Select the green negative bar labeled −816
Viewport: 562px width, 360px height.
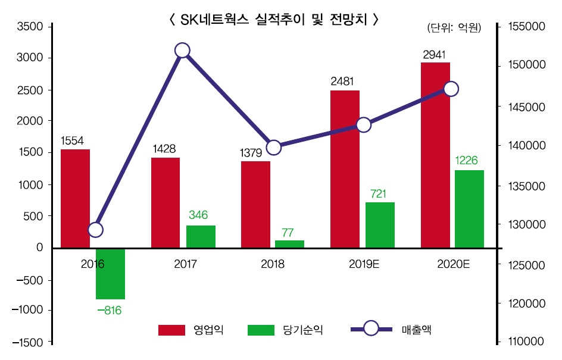[110, 274]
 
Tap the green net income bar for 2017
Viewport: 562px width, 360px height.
[201, 236]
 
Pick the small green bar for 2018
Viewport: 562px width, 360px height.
[289, 244]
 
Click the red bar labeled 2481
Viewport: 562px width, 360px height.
[345, 169]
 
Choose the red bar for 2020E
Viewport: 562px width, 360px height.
[435, 155]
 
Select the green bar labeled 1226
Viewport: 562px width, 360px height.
[469, 209]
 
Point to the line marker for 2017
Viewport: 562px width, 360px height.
[183, 51]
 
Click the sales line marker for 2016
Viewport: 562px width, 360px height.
[95, 230]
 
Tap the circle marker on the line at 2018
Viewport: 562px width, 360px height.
[273, 148]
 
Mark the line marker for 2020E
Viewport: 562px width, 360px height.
[451, 89]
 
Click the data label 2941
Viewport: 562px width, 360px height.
[434, 55]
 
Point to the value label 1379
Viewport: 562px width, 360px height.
[252, 154]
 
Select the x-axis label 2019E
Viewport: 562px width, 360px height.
[363, 264]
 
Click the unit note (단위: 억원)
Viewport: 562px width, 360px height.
[454, 28]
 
